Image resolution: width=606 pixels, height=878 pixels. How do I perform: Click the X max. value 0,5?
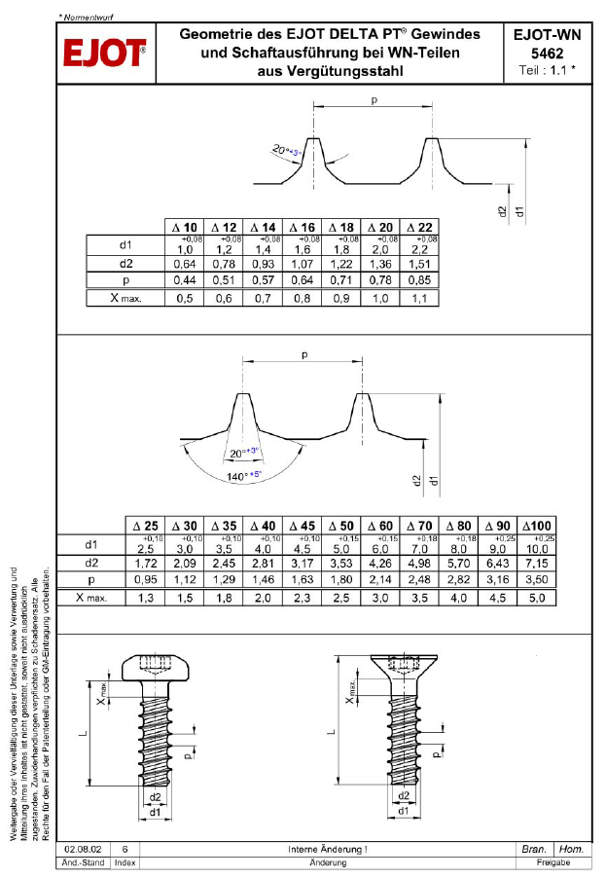(185, 298)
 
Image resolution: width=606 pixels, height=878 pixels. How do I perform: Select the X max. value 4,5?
(496, 598)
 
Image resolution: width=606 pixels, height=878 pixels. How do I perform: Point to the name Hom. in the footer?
(572, 850)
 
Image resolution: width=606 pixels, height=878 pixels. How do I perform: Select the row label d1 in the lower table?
(91, 544)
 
